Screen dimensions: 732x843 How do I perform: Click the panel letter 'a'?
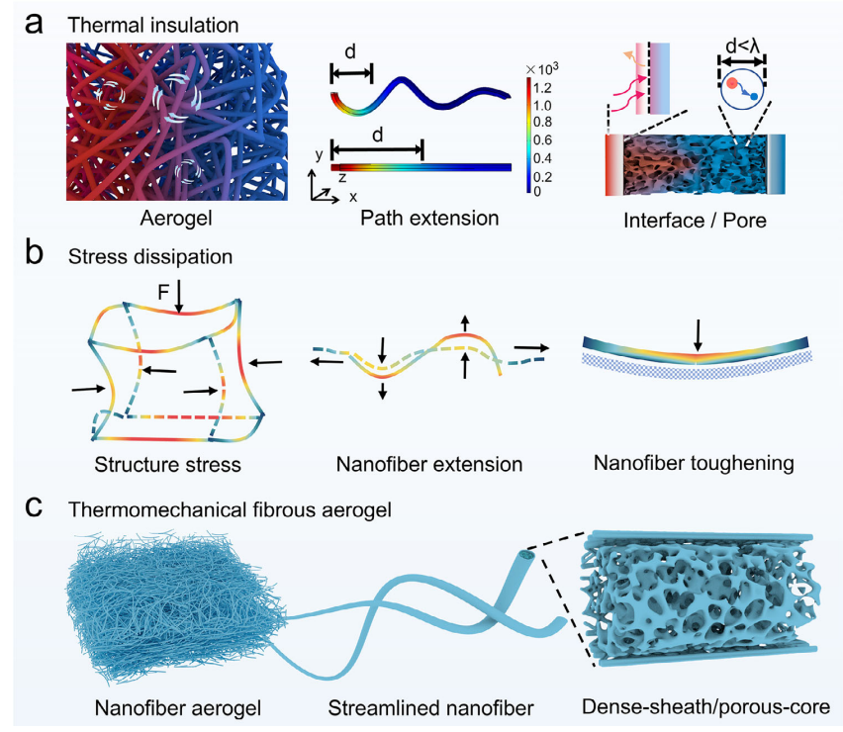coord(35,21)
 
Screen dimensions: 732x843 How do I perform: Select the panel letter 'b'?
coord(35,256)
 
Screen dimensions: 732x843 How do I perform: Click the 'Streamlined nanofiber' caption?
coord(425,707)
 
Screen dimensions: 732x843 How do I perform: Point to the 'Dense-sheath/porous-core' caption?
coord(706,707)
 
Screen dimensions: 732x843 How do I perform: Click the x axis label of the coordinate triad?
coord(353,197)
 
